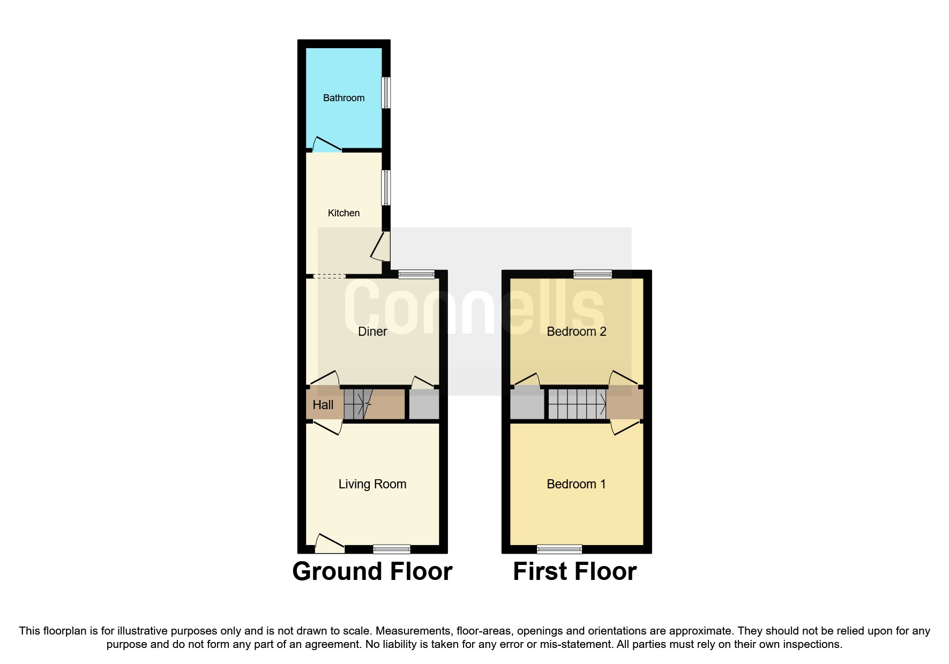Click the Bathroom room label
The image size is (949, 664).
(343, 98)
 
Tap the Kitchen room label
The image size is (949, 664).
(343, 213)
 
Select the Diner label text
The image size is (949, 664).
(372, 331)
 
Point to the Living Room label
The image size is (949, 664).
(372, 484)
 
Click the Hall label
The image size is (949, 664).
(323, 405)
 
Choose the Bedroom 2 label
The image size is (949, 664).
(577, 331)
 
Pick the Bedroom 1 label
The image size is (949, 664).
(576, 484)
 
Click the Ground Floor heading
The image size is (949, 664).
(372, 571)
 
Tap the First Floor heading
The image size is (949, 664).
(575, 571)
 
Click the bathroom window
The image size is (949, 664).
(386, 93)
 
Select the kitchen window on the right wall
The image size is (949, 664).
(386, 187)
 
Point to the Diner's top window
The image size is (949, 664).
(416, 274)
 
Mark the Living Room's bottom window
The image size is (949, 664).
(392, 549)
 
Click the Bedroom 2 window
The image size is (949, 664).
(593, 274)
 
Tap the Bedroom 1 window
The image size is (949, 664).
(559, 549)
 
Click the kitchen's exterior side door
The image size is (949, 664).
(381, 246)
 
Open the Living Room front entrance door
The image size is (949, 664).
(330, 543)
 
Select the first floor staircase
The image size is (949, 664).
(577, 404)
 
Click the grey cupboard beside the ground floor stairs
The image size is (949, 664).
(424, 404)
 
